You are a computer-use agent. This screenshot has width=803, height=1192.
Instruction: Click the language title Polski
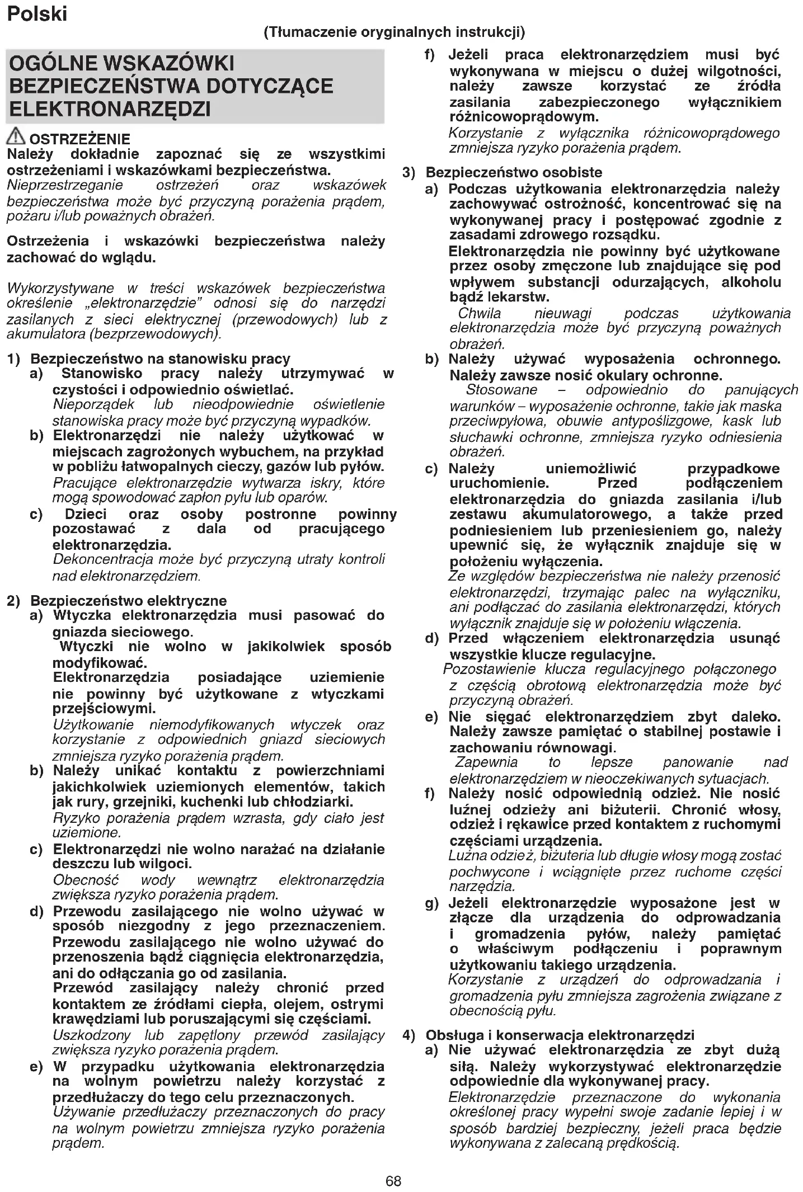point(37,13)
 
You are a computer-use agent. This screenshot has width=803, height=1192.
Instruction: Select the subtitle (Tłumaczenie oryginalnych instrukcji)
point(394,32)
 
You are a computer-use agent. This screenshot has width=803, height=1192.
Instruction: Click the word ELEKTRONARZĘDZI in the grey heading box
point(110,109)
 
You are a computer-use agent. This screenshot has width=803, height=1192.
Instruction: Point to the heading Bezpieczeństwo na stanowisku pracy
point(160,359)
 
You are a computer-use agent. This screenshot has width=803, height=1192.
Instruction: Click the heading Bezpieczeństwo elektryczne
point(128,601)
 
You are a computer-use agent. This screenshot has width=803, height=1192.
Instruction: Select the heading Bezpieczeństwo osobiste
point(514,172)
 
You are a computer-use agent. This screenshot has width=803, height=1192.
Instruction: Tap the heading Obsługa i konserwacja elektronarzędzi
point(560,1035)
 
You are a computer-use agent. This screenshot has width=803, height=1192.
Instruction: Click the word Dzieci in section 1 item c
point(86,514)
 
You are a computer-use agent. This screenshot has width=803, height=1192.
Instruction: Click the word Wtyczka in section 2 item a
point(84,615)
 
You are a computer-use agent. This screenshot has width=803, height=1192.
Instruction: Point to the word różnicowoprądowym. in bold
point(524,117)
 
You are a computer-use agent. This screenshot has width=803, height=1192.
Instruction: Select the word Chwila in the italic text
point(480,313)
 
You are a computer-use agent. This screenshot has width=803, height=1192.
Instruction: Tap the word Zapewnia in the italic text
point(486,762)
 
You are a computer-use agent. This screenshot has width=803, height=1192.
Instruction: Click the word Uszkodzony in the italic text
point(92,1035)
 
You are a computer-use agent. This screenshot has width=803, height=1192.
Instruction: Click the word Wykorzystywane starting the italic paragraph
point(60,289)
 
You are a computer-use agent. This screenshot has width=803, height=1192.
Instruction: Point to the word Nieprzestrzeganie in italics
point(65,185)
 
